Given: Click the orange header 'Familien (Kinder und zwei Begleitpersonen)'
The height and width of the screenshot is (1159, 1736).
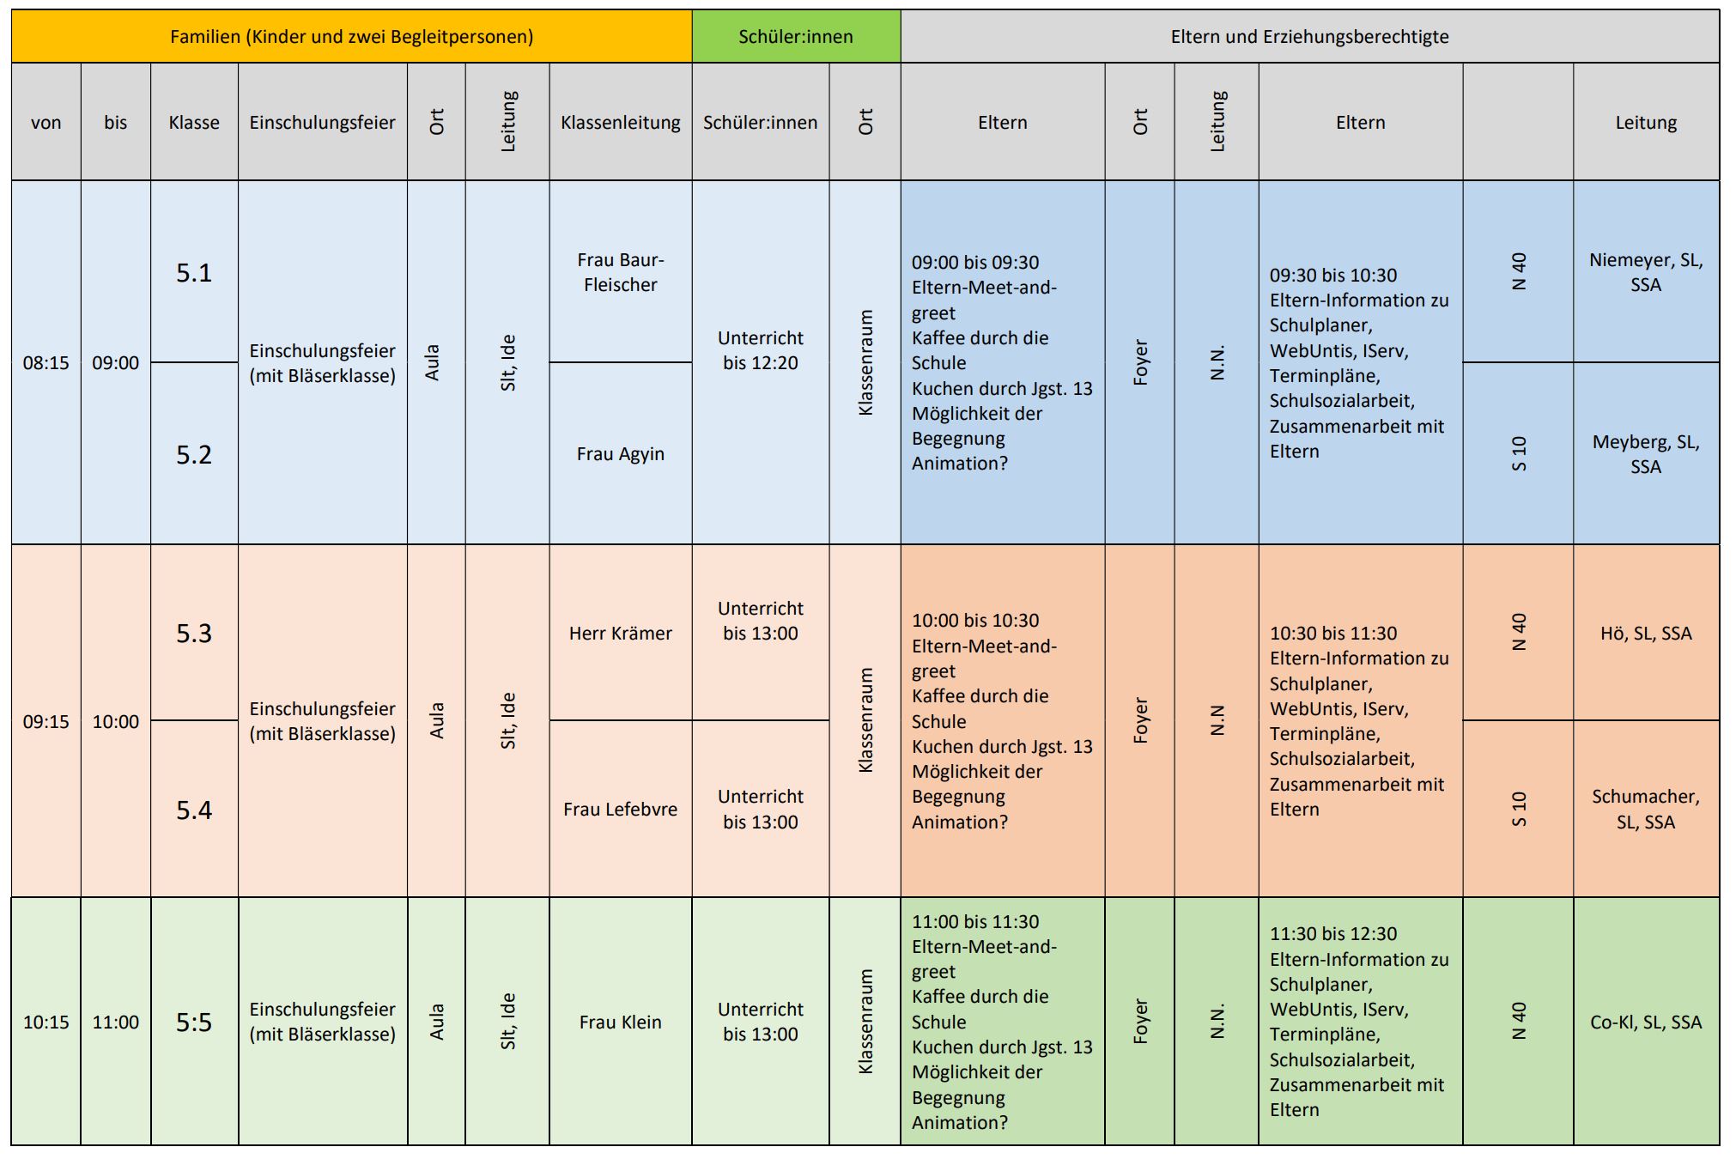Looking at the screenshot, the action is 351,37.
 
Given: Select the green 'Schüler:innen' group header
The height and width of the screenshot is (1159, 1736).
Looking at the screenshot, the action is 796,37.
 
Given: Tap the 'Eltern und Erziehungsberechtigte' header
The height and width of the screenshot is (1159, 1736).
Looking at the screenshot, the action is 1309,37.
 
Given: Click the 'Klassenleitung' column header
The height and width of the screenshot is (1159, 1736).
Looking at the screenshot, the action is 620,123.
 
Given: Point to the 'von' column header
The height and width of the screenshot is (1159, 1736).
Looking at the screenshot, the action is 46,123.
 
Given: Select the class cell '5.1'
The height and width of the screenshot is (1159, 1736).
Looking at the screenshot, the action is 194,273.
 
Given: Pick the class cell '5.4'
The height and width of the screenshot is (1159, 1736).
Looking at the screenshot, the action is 194,810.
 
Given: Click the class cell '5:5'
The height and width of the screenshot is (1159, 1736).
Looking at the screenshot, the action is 194,1022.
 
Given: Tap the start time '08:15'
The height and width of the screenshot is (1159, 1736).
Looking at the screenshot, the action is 46,363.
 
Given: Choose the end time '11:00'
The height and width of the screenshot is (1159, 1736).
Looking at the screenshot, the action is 116,1022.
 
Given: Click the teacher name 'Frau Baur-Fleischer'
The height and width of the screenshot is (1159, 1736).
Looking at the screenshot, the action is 620,272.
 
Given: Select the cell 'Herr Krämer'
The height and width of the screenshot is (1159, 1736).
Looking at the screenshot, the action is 620,634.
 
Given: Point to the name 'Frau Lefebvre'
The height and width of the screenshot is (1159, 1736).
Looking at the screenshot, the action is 620,810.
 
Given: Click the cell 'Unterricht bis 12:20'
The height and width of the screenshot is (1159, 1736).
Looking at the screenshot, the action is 761,350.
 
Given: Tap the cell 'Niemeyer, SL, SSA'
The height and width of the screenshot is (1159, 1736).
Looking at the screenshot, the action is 1646,272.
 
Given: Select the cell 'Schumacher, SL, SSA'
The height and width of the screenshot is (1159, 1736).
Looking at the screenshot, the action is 1646,809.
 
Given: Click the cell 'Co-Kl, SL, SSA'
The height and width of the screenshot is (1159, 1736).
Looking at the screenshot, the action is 1646,1022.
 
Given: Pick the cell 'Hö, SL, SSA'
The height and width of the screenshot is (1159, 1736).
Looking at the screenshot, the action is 1646,634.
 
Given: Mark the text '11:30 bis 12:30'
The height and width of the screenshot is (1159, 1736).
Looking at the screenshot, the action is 1333,934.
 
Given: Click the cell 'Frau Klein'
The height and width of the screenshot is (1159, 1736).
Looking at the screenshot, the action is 620,1022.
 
